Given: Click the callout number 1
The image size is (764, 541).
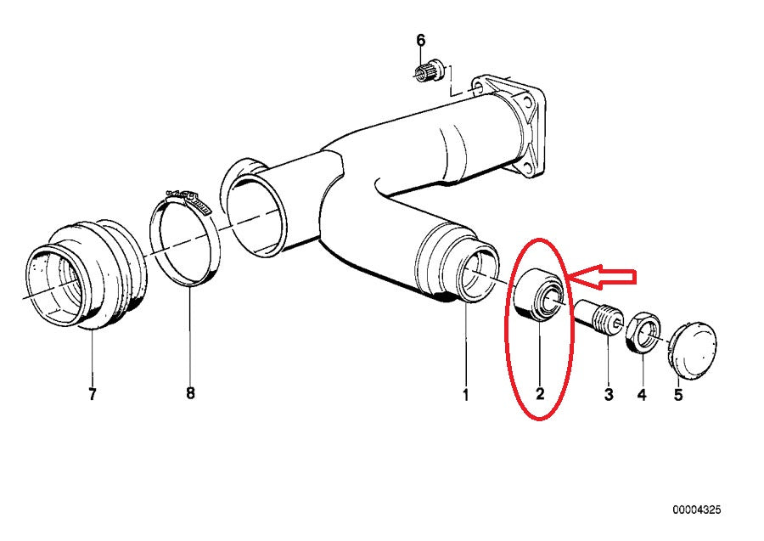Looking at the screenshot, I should click(x=465, y=394).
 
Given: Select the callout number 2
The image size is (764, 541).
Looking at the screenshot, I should click(x=539, y=394).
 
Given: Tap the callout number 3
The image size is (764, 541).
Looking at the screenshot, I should click(x=608, y=394).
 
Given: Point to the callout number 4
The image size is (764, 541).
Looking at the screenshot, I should click(x=642, y=394).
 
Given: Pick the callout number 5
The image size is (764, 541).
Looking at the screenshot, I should click(x=677, y=394).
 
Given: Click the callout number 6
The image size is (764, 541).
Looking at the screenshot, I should click(x=420, y=40).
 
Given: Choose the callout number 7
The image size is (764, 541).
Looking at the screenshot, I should click(x=92, y=394).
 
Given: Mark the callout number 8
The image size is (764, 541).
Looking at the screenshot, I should click(x=190, y=394).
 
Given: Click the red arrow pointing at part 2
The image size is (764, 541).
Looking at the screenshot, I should click(x=603, y=275).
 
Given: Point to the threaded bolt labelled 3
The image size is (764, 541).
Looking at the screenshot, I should click(x=601, y=318).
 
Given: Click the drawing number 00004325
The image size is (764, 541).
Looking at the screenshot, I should click(x=697, y=510).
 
